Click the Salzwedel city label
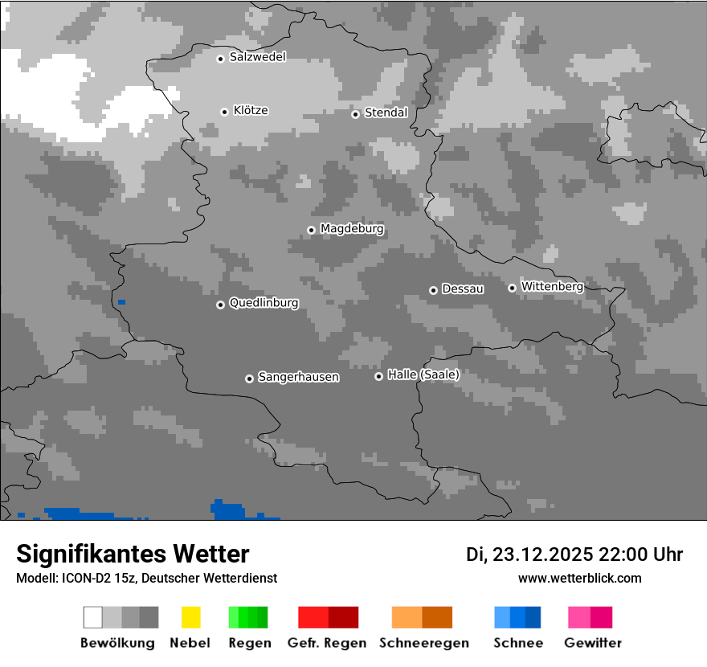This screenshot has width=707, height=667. pyautogui.click(x=257, y=57)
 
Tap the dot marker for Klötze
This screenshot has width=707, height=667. pyautogui.click(x=224, y=112)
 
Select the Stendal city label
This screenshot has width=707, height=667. pyautogui.click(x=386, y=113)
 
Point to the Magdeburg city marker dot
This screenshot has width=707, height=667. pyautogui.click(x=311, y=230)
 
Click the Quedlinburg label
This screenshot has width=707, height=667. pyautogui.click(x=264, y=303)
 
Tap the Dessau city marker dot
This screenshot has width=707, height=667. pyautogui.click(x=433, y=290)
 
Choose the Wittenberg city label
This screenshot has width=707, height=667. pyautogui.click(x=552, y=286)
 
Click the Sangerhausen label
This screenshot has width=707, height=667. pyautogui.click(x=298, y=377)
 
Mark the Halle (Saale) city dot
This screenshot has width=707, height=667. pyautogui.click(x=378, y=376)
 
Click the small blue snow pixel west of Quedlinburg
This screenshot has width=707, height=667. pyautogui.click(x=121, y=302)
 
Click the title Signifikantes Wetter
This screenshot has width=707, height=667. pyautogui.click(x=133, y=554)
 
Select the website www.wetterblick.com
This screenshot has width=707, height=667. pyautogui.click(x=579, y=578)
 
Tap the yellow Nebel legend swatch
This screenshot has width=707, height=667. pyautogui.click(x=190, y=617)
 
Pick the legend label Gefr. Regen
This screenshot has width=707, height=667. pyautogui.click(x=326, y=643)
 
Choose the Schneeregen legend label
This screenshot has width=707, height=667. pyautogui.click(x=421, y=643)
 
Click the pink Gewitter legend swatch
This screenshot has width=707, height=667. pyautogui.click(x=579, y=617)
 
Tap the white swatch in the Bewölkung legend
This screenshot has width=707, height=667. pyautogui.click(x=93, y=617)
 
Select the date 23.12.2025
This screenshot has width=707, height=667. pyautogui.click(x=542, y=554)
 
